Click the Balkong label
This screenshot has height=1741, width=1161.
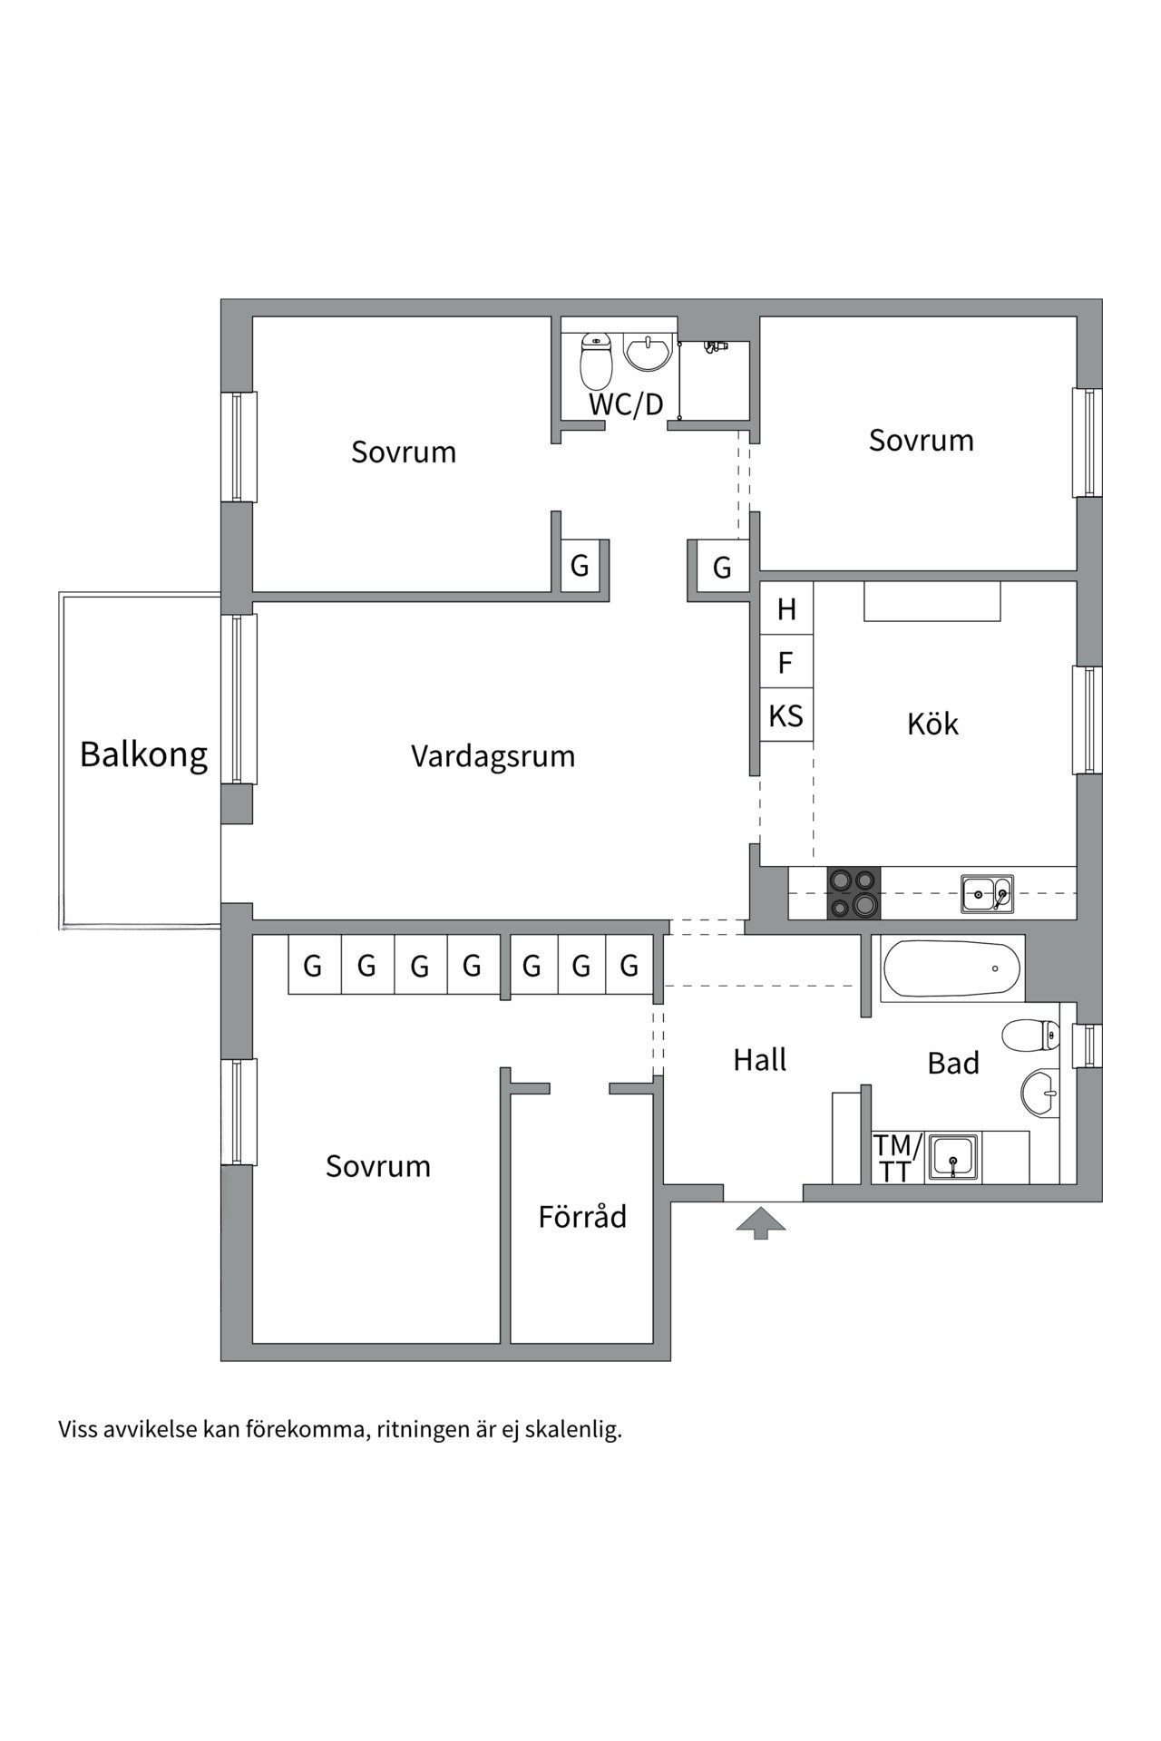click(x=143, y=754)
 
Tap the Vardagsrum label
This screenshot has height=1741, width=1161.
click(x=493, y=756)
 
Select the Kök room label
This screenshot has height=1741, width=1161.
click(x=932, y=724)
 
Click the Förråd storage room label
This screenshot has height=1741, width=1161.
click(x=582, y=1216)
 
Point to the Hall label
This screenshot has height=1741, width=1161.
click(x=759, y=1059)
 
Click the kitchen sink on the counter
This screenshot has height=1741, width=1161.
click(x=987, y=893)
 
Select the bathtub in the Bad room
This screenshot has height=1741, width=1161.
click(x=951, y=968)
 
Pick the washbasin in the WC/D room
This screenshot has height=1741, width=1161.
click(x=648, y=353)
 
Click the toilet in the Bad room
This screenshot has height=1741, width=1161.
click(x=1032, y=1035)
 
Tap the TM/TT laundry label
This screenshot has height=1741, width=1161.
click(x=896, y=1158)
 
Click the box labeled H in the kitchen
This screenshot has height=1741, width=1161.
click(x=786, y=609)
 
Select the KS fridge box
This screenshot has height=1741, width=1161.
click(x=786, y=716)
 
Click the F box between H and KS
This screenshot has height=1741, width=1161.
click(x=786, y=663)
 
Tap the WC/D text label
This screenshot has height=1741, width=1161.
click(x=626, y=404)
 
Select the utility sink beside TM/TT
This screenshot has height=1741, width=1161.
click(x=952, y=1158)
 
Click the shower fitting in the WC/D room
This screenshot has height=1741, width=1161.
click(x=716, y=346)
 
